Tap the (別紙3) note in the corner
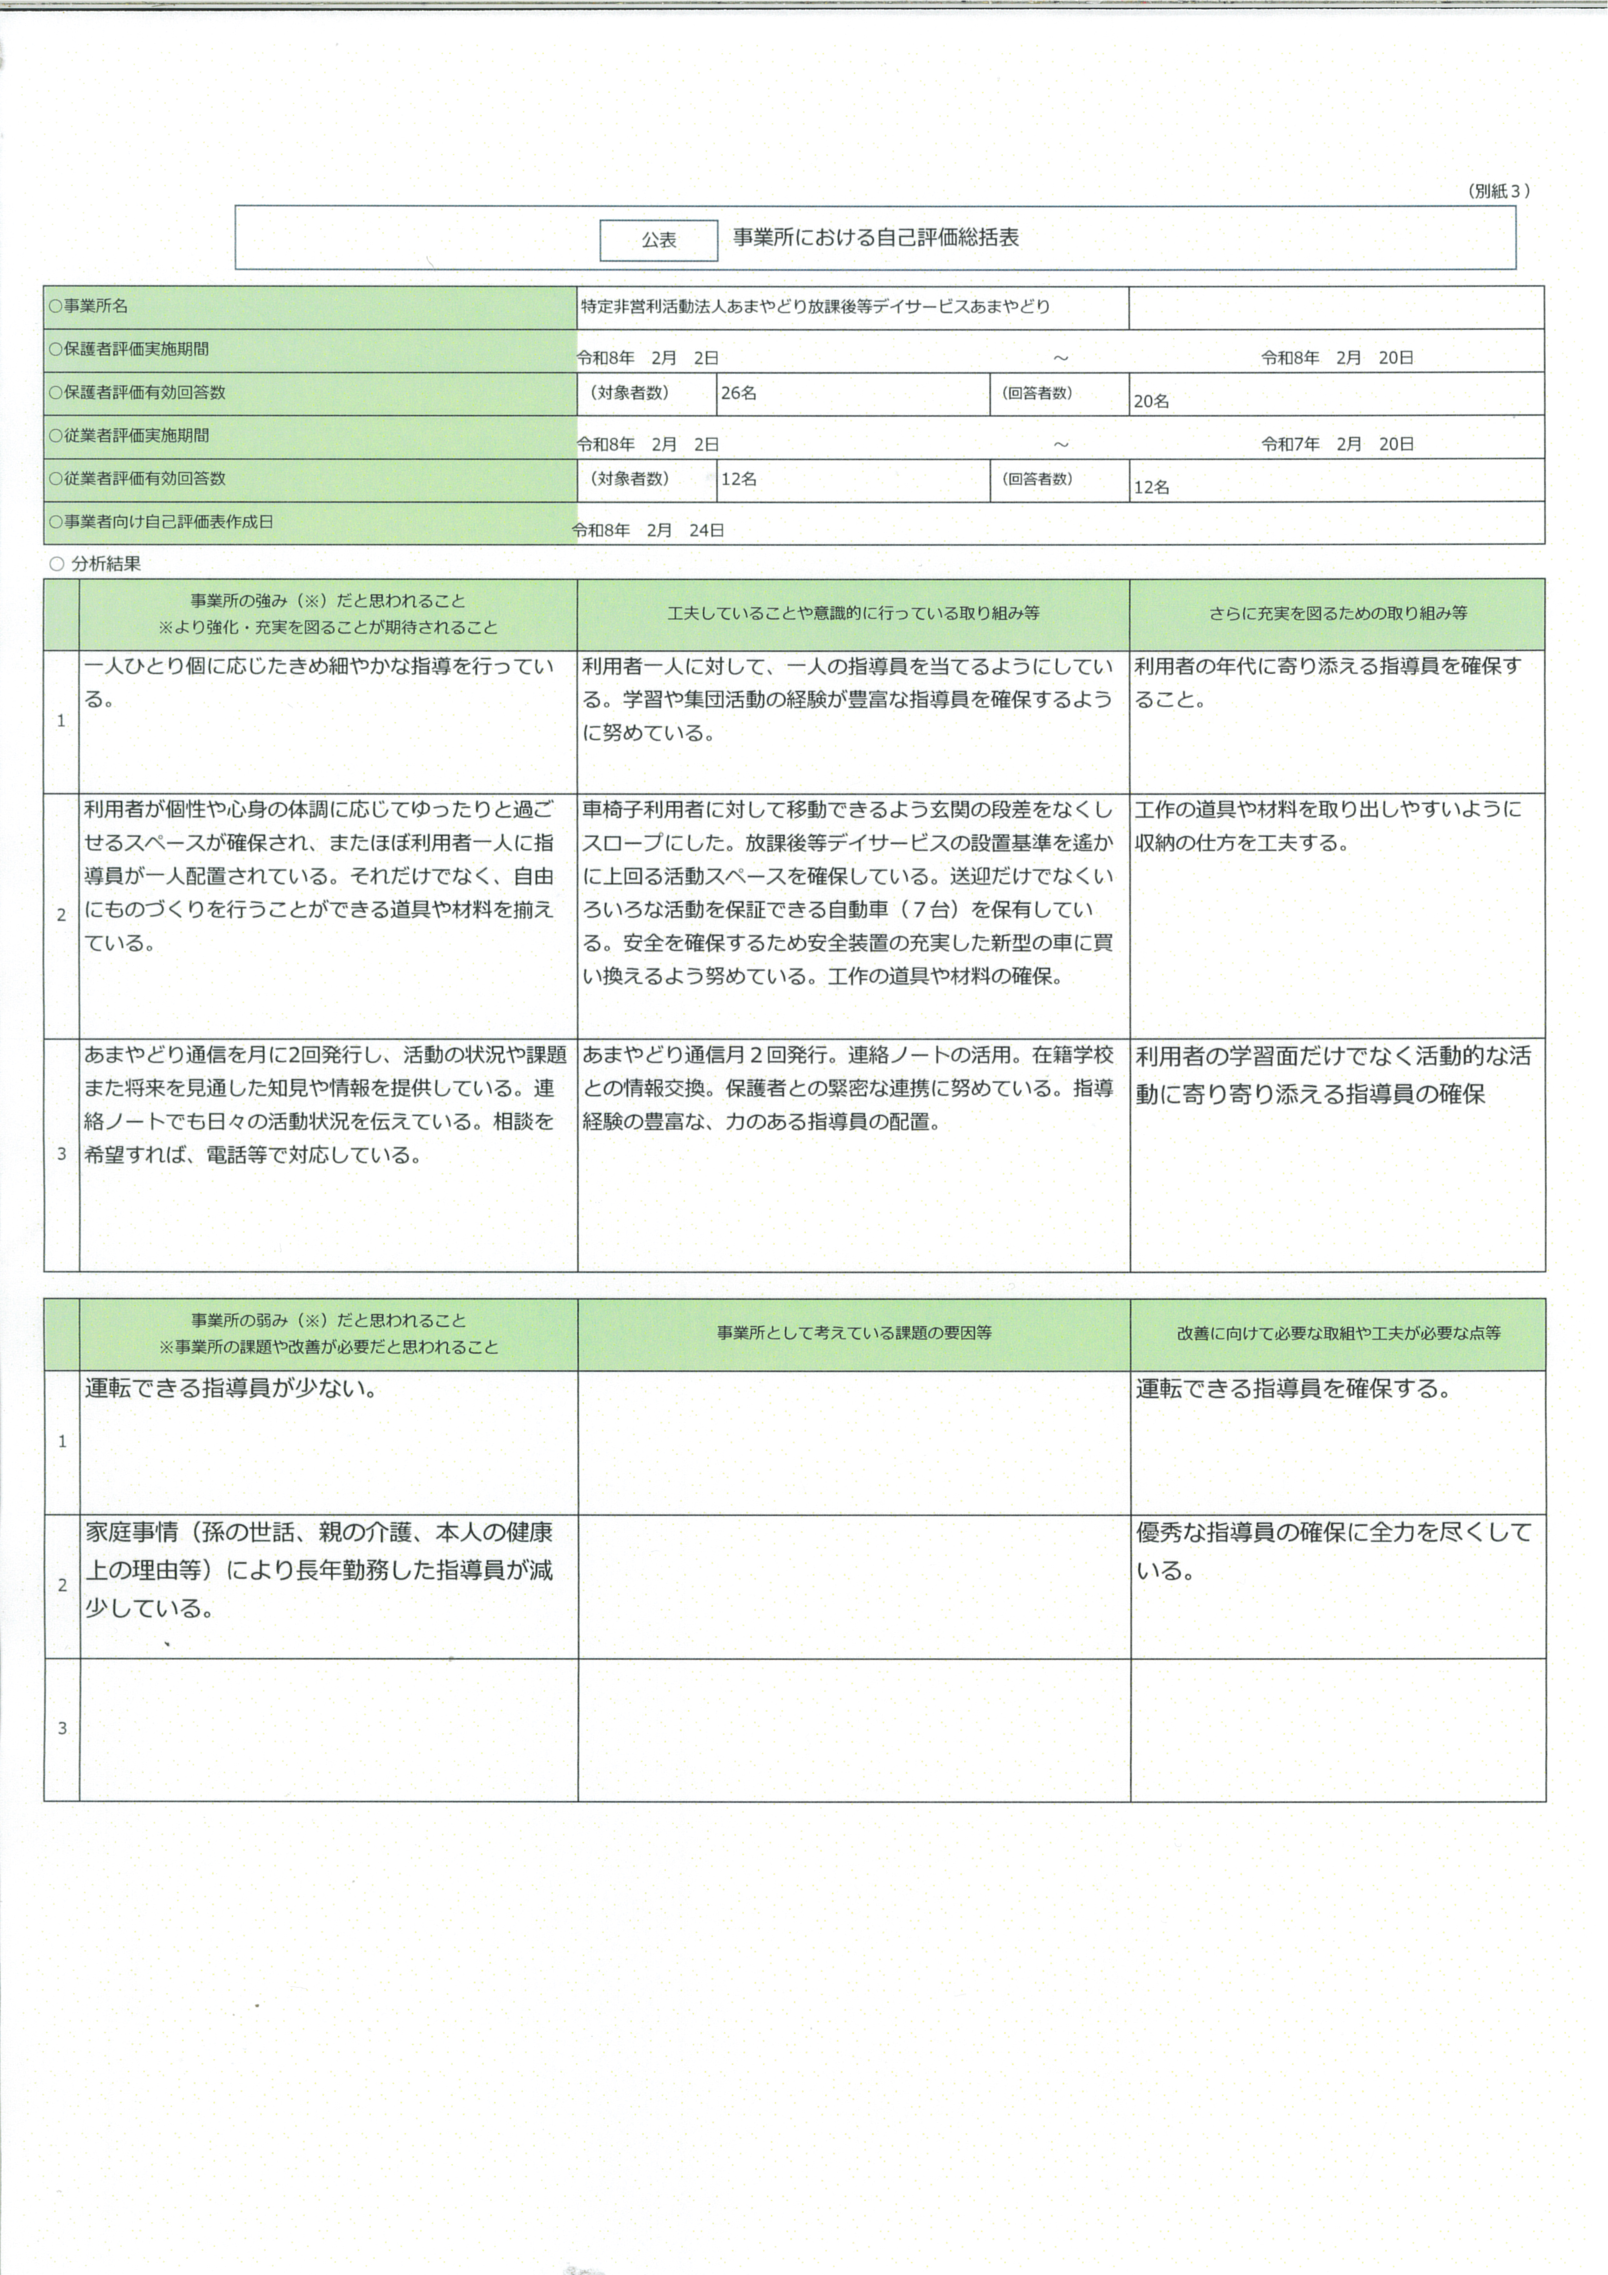click(1498, 191)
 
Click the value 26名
click(739, 394)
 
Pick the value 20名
click(1151, 401)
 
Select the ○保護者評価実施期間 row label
click(129, 349)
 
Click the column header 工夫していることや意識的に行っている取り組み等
click(853, 613)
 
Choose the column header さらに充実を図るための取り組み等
click(1338, 613)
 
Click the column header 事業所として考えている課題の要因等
click(854, 1333)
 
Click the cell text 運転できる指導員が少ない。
click(231, 1388)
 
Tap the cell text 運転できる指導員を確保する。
click(1293, 1388)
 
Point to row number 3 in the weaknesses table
click(61, 1728)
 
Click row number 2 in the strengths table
click(61, 914)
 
